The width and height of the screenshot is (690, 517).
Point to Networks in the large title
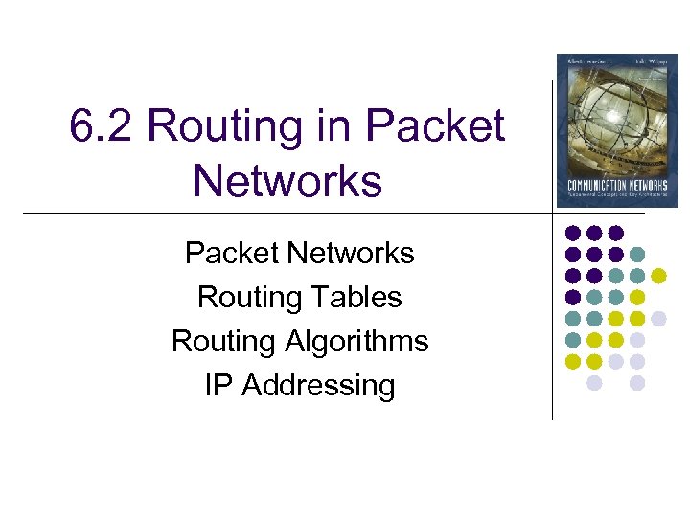click(x=287, y=180)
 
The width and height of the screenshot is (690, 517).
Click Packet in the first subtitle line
click(x=232, y=254)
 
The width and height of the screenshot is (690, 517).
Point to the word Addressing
click(x=318, y=386)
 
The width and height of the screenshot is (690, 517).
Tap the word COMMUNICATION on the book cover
click(x=596, y=185)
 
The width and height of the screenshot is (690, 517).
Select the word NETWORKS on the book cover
click(x=652, y=185)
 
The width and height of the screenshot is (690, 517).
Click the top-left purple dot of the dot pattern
click(x=573, y=233)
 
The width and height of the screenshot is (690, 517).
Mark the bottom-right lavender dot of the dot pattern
click(x=637, y=383)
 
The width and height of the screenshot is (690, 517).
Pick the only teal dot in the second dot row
click(x=637, y=254)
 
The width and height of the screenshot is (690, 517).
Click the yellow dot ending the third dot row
click(x=658, y=276)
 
